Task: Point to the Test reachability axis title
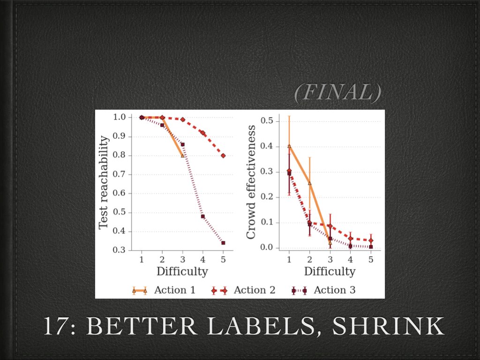coord(104,183)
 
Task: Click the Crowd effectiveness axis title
coord(251,182)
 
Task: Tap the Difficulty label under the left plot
coord(182,271)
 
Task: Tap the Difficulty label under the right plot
coord(330,271)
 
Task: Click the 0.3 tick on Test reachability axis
coord(120,250)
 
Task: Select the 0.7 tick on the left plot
coord(120,174)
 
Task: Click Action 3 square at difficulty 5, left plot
coord(223,243)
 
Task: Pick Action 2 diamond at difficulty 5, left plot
coord(223,156)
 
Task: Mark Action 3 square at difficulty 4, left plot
coord(203,216)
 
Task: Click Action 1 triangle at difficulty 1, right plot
coord(289,146)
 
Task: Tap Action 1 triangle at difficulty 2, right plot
coord(309,183)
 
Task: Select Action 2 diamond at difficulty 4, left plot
coord(203,133)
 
